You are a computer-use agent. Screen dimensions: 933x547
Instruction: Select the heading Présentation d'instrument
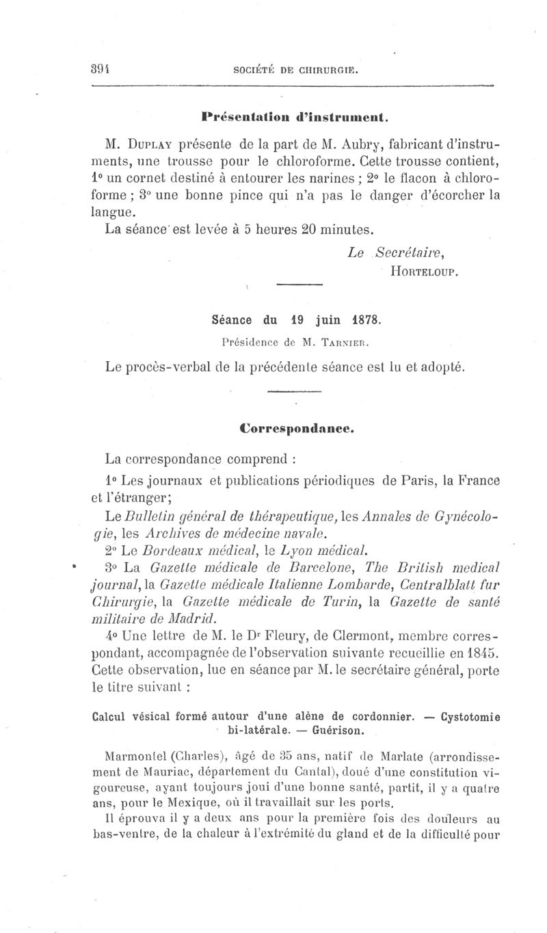(x=295, y=117)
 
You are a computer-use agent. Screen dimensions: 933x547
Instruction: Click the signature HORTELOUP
(x=422, y=271)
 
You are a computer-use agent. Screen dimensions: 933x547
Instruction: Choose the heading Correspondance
(x=296, y=429)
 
